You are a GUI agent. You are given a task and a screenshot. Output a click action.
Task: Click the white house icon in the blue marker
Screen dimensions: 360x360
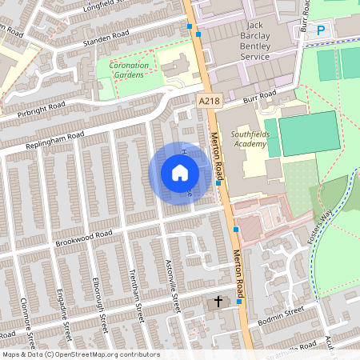click(x=180, y=172)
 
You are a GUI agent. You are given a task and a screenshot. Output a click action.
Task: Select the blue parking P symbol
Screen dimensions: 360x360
click(x=321, y=30)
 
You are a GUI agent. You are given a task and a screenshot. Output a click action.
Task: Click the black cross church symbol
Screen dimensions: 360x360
click(x=218, y=304)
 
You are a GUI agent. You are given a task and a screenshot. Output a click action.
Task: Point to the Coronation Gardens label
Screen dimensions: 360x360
click(x=122, y=70)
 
